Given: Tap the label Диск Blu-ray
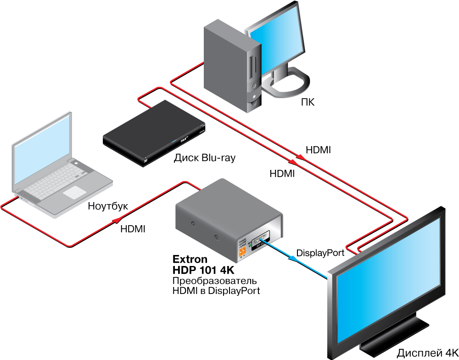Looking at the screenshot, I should pyautogui.click(x=204, y=158).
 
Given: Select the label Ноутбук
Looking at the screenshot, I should pyautogui.click(x=108, y=206).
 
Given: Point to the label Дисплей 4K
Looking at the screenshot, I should pyautogui.click(x=427, y=353).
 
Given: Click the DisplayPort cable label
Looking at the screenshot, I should pyautogui.click(x=320, y=253).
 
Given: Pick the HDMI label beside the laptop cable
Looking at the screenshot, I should pyautogui.click(x=133, y=229).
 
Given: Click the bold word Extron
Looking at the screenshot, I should pyautogui.click(x=190, y=260).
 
